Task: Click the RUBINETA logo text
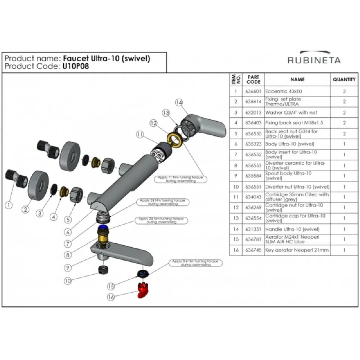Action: (314, 60)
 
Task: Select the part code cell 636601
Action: (253, 91)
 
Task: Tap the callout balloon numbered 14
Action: (179, 102)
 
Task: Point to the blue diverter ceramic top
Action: (104, 227)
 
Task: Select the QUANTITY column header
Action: (344, 80)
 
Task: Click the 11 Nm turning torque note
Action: (180, 179)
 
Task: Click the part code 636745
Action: (253, 250)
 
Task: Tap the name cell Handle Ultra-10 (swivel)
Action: (292, 229)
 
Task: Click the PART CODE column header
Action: (253, 80)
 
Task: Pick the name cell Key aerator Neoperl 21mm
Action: (297, 250)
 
